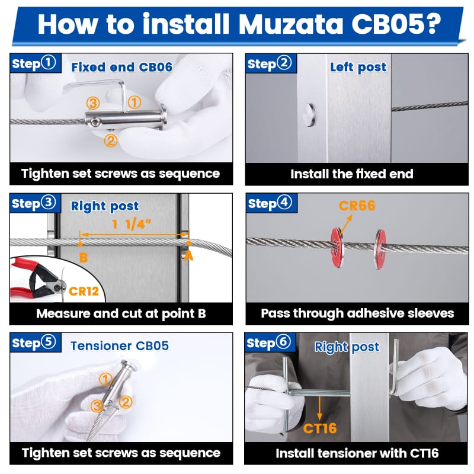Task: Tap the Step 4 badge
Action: [x=270, y=203]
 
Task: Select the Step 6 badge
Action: [x=270, y=343]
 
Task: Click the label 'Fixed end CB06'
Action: [x=121, y=66]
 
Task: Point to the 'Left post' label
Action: [x=358, y=67]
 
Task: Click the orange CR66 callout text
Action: [x=357, y=206]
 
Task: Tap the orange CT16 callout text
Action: [x=320, y=428]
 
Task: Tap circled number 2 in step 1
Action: [x=110, y=140]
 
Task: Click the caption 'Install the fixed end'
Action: [x=351, y=174]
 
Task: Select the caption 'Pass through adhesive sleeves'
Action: [x=357, y=313]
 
